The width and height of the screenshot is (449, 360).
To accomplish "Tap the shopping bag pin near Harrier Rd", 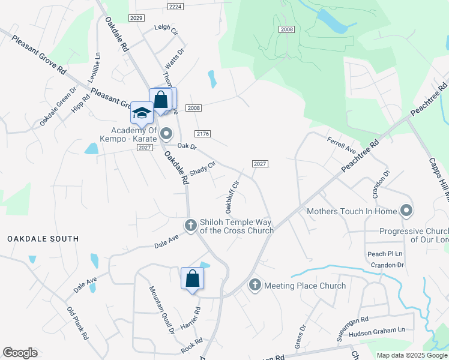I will pos(192,279).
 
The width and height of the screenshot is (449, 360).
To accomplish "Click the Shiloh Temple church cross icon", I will pos(191,226).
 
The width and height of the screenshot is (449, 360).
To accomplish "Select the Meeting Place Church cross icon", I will pos(255,286).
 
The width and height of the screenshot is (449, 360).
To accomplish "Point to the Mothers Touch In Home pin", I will pos(406,211).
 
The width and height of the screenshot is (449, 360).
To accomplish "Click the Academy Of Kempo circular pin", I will pos(166,133).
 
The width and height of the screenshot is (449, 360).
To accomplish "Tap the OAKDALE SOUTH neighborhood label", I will pos(43,239).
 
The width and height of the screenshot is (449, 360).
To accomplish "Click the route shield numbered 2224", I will pos(175,6).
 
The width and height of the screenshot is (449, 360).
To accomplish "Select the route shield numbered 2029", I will pos(136,18).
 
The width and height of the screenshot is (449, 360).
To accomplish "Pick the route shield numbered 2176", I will pos(202,134).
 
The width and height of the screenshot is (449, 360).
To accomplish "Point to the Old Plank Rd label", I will pos(78,323).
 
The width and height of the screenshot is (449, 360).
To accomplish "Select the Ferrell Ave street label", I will pos(342,144).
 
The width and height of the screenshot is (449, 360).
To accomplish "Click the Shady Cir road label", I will pos(202,169).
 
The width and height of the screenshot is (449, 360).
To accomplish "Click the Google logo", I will pos(20,353).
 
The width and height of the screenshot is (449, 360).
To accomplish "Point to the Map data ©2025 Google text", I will pos(412,355).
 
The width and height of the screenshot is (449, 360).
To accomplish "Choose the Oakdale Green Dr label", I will pos(58,107).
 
